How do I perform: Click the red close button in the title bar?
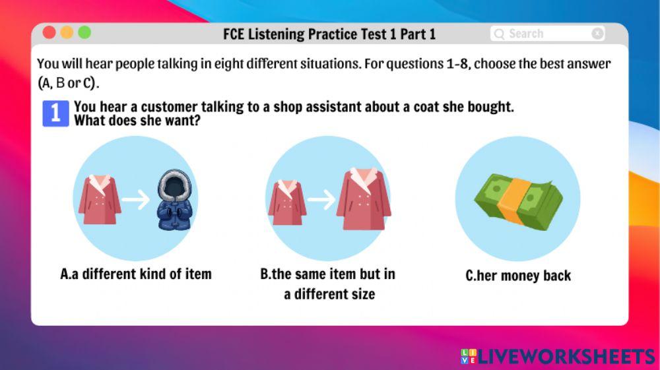coord(49,32)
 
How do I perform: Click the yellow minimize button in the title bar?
coord(67,32)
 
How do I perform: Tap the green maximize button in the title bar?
coord(84,32)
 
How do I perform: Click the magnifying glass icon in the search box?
coord(499,34)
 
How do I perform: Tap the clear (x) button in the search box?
coord(597,34)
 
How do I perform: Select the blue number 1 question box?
coord(55,113)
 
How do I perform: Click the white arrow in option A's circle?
coord(137,200)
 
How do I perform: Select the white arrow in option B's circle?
coord(321,200)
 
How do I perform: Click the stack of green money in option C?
coord(518,197)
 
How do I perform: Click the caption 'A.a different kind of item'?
coord(136,274)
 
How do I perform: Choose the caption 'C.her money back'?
coord(518,276)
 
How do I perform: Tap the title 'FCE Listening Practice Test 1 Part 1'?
coord(329,34)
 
